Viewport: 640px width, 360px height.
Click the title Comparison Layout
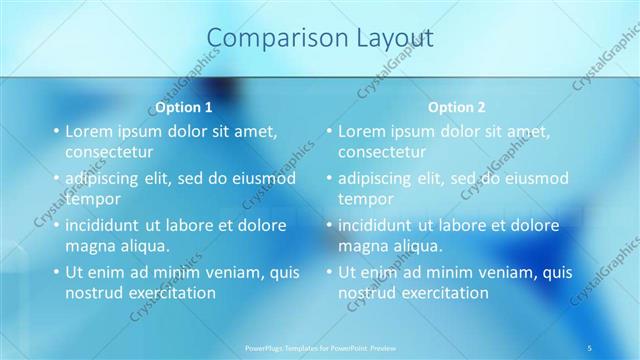(320, 38)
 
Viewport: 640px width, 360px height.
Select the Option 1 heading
(184, 107)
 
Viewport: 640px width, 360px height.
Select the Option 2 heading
(457, 107)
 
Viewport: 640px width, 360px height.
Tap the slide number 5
(590, 347)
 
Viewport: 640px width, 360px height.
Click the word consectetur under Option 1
(109, 153)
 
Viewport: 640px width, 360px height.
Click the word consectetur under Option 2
(382, 153)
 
